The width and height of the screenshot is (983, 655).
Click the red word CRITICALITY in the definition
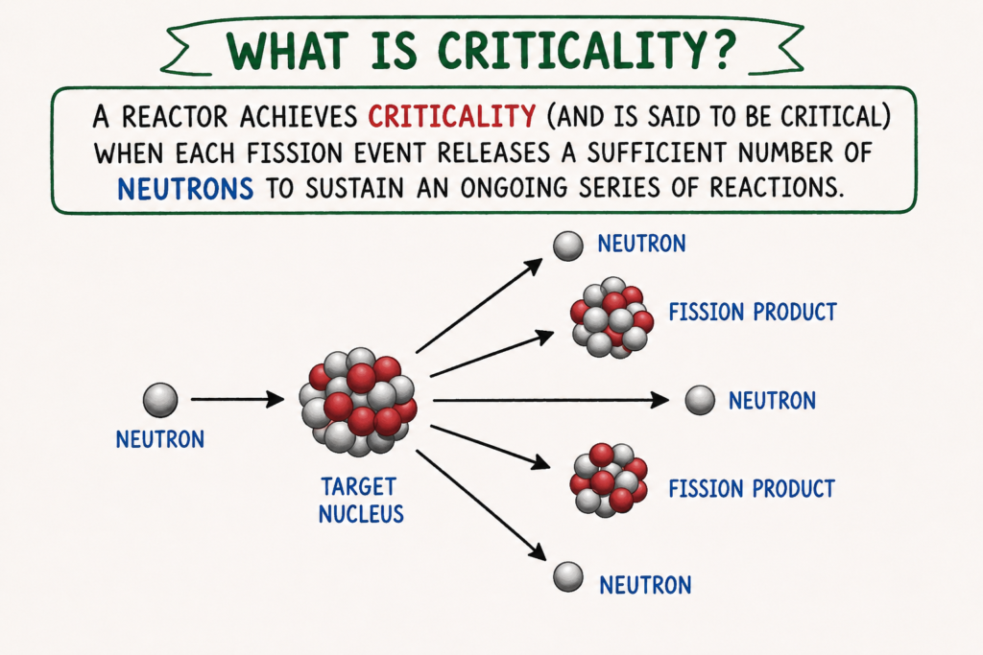(451, 116)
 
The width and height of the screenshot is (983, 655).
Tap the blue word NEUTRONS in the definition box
(185, 189)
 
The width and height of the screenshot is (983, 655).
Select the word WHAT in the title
(287, 50)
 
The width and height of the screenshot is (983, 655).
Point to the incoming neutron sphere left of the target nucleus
(160, 400)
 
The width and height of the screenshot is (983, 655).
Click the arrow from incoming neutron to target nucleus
(238, 399)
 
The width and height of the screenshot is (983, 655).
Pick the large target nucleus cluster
(358, 402)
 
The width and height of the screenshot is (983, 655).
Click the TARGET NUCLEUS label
(361, 500)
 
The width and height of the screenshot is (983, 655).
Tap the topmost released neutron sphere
(568, 246)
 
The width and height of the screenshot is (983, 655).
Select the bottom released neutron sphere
(568, 576)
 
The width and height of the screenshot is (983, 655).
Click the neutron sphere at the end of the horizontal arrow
(700, 400)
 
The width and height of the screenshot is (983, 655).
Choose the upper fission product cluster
(611, 317)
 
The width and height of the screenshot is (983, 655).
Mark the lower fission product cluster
(609, 480)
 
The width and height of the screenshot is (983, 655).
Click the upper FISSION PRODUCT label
(753, 312)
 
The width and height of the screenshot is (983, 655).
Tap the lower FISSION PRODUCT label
(752, 488)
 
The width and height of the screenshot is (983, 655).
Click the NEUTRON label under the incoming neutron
(160, 439)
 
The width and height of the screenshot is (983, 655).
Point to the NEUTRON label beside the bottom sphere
(645, 586)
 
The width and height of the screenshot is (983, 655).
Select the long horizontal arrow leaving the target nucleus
(551, 400)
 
